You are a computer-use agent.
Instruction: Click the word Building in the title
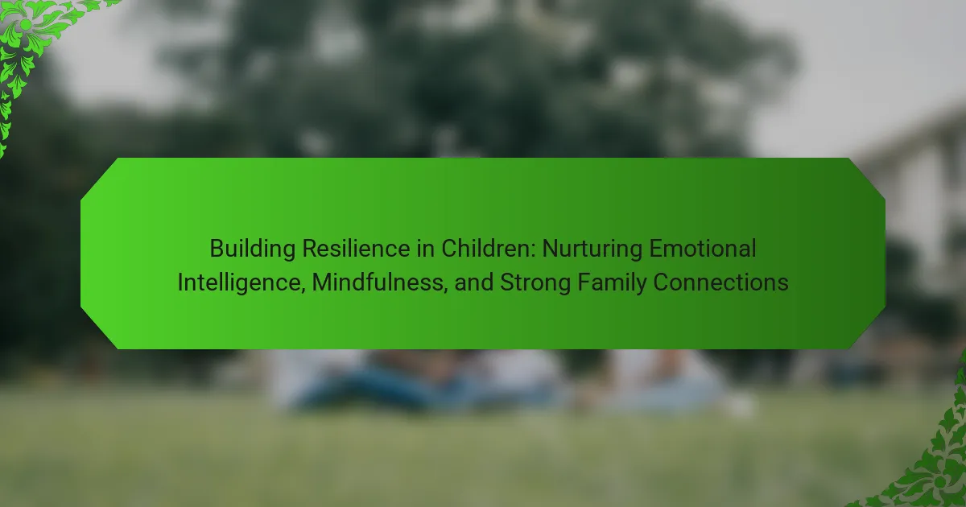[252, 249]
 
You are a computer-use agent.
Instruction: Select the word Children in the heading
[485, 249]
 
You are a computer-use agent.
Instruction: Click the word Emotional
[703, 249]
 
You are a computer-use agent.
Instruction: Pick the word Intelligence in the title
[239, 282]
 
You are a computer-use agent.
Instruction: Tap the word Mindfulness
[378, 282]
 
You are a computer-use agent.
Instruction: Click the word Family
[611, 283]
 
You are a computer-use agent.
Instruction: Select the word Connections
[720, 282]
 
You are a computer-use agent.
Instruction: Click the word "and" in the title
[473, 282]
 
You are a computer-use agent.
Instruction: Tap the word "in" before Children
[426, 249]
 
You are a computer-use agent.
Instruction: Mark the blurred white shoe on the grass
[740, 406]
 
